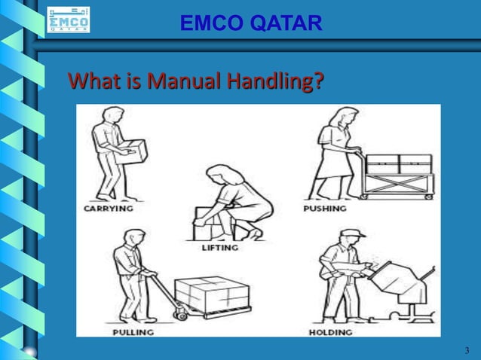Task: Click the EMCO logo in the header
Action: click(x=68, y=20)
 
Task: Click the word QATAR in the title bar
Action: click(x=286, y=24)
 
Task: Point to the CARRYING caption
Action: click(x=108, y=208)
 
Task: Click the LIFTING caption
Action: click(x=220, y=247)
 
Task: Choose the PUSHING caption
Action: click(x=325, y=208)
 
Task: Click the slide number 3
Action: click(x=467, y=349)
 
